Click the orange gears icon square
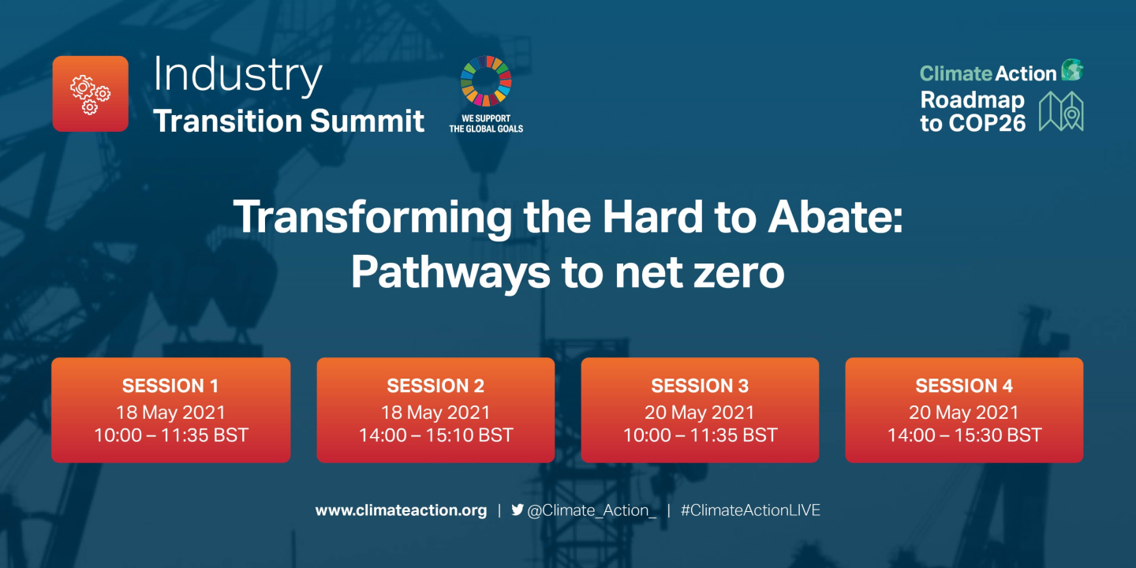click(x=90, y=94)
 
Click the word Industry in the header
click(x=237, y=75)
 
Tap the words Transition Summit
click(x=289, y=121)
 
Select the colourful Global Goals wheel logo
click(x=486, y=80)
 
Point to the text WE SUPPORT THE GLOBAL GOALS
click(x=486, y=124)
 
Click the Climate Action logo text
click(x=988, y=73)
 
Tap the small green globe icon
click(x=1072, y=70)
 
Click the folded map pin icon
click(x=1061, y=111)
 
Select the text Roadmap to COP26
click(x=973, y=111)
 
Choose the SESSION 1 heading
click(x=170, y=386)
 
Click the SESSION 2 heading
click(x=435, y=386)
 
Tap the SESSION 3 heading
click(x=700, y=386)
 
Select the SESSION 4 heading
click(x=964, y=386)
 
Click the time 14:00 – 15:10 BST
click(x=435, y=435)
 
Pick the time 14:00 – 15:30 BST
click(x=964, y=435)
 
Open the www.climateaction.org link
click(x=401, y=510)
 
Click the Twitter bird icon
click(x=518, y=510)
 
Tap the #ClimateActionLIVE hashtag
click(x=750, y=510)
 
